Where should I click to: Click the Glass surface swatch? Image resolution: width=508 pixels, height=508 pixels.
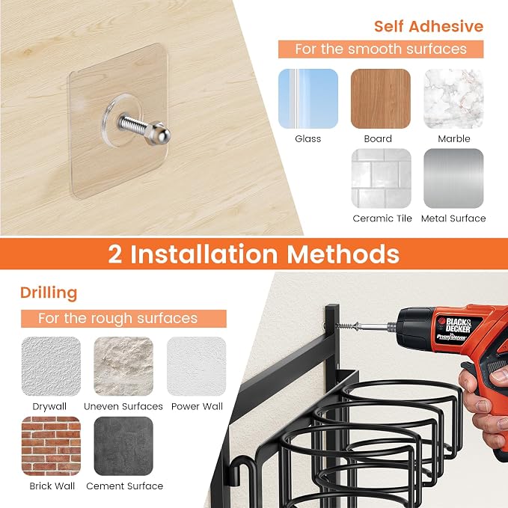pos(308,99)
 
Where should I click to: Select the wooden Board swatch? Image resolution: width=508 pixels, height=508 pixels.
pos(381,99)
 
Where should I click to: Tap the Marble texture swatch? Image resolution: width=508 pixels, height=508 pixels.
pos(453,99)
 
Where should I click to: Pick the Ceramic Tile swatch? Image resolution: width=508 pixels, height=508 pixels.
pos(382,179)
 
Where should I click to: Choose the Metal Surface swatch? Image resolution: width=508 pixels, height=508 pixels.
pos(453,179)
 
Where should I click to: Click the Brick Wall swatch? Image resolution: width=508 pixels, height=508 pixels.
pos(51,446)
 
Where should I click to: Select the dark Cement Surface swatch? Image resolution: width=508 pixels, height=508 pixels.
pos(123,446)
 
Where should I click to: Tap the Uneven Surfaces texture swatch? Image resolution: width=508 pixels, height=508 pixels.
pos(123,367)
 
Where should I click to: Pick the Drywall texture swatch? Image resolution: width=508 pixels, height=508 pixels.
pos(51,367)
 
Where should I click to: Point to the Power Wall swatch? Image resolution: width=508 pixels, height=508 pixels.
pos(196,367)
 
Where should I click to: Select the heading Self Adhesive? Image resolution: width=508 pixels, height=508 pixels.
pos(429,26)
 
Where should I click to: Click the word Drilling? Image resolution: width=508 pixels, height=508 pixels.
pos(49,293)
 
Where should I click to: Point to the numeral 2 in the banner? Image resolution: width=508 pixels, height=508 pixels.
pos(115,254)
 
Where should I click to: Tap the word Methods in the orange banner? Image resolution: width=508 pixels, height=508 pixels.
pos(343,254)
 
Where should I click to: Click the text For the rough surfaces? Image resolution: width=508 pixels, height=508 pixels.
pos(117,319)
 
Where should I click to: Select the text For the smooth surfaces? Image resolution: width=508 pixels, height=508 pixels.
pos(381,49)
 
